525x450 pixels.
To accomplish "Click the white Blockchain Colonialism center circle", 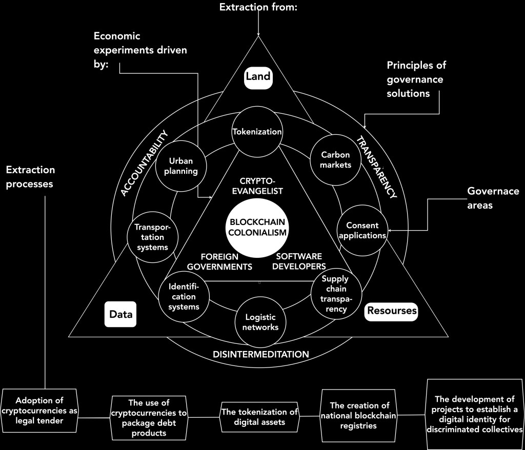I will [x=257, y=228].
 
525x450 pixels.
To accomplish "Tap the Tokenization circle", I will [x=257, y=132].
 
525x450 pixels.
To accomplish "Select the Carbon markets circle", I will [x=335, y=159].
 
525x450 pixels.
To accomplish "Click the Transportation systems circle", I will [x=152, y=237].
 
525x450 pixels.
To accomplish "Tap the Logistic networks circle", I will [x=261, y=321].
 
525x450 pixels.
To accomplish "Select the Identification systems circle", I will [x=184, y=296].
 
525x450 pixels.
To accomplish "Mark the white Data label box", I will [x=120, y=314].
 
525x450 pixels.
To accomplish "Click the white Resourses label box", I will [x=391, y=311].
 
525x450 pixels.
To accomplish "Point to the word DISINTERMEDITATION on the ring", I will [x=261, y=354].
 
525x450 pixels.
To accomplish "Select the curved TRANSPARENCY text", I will [x=376, y=167].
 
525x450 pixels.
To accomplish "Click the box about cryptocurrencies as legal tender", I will [x=39, y=411].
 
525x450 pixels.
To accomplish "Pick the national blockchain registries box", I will [x=359, y=415].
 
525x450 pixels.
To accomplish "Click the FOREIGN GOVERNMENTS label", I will [x=219, y=261].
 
